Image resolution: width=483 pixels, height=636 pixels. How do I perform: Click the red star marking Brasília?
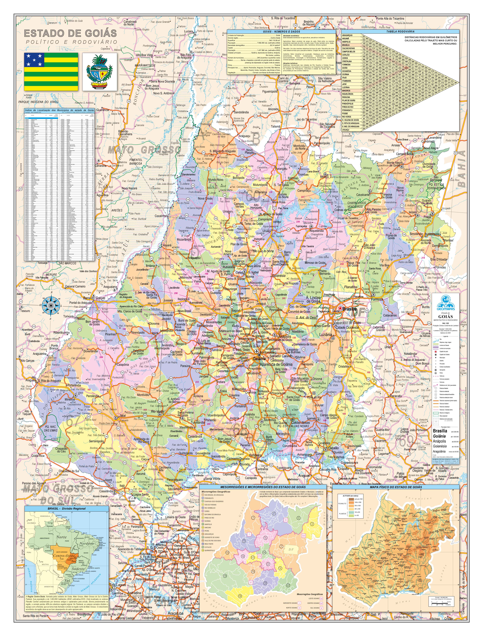(x=340, y=308)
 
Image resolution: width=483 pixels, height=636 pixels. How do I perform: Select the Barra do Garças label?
(x=94, y=298)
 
